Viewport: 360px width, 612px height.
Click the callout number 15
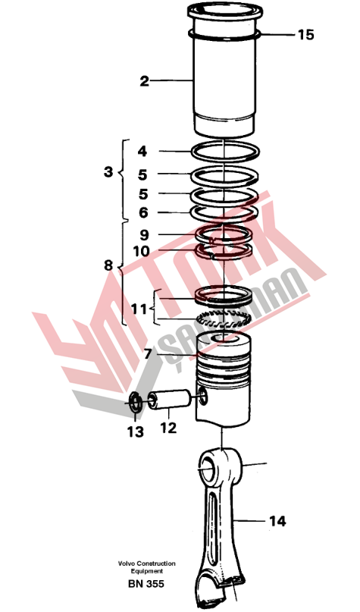pyautogui.click(x=305, y=35)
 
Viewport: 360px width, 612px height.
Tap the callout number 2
pyautogui.click(x=144, y=81)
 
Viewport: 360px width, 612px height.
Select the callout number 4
pyautogui.click(x=142, y=152)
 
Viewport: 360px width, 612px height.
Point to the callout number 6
pyautogui.click(x=143, y=212)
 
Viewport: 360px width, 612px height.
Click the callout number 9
pyautogui.click(x=144, y=235)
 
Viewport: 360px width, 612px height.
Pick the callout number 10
pyautogui.click(x=141, y=251)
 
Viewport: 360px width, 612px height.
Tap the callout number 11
pyautogui.click(x=139, y=309)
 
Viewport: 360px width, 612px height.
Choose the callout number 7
pyautogui.click(x=148, y=354)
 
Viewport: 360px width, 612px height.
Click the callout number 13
pyautogui.click(x=136, y=432)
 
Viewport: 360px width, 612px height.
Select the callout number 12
pyautogui.click(x=168, y=428)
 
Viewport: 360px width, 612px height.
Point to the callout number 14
pyautogui.click(x=277, y=521)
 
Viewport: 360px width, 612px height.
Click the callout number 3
pyautogui.click(x=108, y=171)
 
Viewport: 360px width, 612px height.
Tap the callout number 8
pyautogui.click(x=108, y=265)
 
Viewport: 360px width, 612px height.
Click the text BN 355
pyautogui.click(x=146, y=584)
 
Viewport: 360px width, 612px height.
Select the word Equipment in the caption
pyautogui.click(x=146, y=571)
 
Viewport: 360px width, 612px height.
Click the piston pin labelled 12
pyautogui.click(x=169, y=400)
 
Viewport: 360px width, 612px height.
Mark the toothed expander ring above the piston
pyautogui.click(x=223, y=320)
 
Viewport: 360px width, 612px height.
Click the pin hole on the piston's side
pyautogui.click(x=203, y=396)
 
